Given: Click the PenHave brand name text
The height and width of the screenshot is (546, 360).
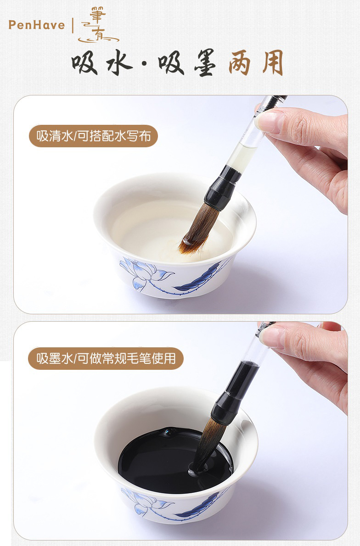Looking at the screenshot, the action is (x=37, y=25).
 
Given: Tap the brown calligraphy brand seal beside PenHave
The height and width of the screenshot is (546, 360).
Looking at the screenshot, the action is (x=98, y=26).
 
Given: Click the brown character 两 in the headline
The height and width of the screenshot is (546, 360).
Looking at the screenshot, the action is (x=239, y=63).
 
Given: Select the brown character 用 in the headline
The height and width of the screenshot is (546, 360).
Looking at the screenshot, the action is (x=273, y=63).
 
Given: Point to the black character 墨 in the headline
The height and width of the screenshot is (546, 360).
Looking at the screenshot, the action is (x=205, y=63).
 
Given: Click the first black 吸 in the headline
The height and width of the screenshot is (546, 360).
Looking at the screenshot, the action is (x=84, y=63).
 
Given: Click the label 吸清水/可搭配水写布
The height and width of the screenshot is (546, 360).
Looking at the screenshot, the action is (x=93, y=136).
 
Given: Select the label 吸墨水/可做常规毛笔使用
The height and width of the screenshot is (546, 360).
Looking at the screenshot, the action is (x=106, y=358).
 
